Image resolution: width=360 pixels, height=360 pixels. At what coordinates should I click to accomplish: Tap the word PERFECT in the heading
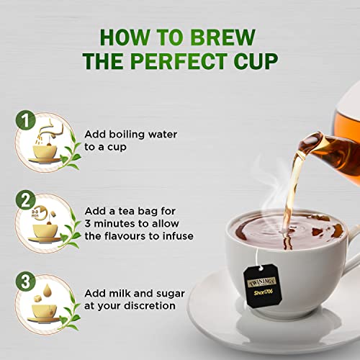click(179, 61)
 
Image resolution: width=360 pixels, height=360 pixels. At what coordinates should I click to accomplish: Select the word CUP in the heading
click(256, 61)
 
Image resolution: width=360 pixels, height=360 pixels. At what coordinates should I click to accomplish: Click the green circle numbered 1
click(26, 120)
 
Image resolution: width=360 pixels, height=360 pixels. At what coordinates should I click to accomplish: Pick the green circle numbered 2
click(26, 200)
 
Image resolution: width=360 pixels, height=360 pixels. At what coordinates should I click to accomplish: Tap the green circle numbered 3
click(26, 282)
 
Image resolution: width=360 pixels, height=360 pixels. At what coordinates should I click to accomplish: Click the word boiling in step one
click(127, 135)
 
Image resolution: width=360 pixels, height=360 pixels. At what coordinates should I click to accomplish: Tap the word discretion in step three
click(150, 306)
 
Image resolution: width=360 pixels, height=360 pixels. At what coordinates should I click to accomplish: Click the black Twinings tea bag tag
click(262, 286)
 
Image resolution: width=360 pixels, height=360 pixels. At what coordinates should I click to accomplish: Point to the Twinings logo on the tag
click(261, 282)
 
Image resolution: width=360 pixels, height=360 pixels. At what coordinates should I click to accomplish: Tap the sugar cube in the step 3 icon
click(37, 299)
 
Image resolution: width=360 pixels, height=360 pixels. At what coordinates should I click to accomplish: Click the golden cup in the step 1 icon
click(45, 152)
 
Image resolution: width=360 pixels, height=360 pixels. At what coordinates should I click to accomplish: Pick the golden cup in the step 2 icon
click(45, 231)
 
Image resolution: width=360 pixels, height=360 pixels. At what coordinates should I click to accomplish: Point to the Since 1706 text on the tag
click(264, 292)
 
